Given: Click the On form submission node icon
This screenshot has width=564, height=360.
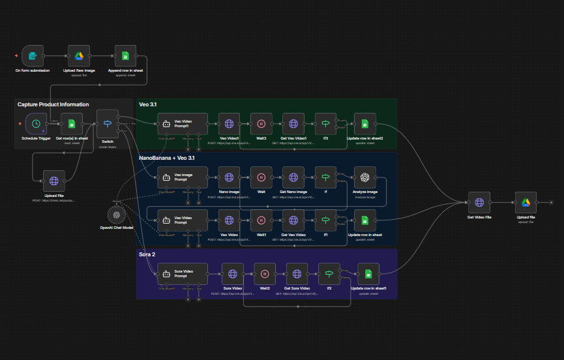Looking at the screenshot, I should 33,56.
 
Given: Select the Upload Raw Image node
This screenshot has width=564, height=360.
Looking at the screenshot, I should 79,56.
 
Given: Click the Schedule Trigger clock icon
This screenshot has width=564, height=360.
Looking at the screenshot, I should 36,123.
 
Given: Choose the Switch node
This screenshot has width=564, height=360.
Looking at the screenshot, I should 108,121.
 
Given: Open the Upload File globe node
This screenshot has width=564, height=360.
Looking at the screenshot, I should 54,181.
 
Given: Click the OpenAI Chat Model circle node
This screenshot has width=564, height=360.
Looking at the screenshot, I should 116,215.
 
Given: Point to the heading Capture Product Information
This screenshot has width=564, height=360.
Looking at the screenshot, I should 53,104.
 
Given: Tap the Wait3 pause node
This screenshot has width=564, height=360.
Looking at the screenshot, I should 261,123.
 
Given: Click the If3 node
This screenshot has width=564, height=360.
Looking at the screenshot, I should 325,123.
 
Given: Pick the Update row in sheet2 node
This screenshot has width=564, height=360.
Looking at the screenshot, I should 365,123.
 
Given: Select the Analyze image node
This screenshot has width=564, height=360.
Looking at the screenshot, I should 365,177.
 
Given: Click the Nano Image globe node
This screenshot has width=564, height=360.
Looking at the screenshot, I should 229,177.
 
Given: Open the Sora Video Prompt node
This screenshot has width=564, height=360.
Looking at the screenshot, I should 183,274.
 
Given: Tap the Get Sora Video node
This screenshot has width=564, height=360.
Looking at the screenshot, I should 297,274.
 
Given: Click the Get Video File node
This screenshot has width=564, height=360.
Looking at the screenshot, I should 480,203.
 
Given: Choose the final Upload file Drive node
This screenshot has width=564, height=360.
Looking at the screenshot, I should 526,203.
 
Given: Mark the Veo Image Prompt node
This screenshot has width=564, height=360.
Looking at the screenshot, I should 183,177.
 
